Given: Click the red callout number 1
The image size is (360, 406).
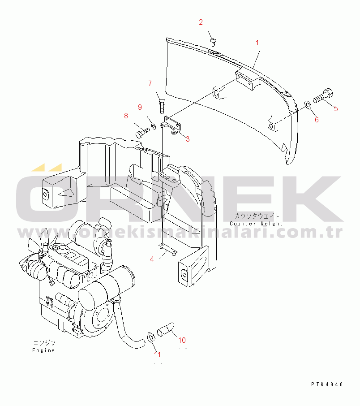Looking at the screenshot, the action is [x=257, y=43].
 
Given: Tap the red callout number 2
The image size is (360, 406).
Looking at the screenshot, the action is [x=201, y=22].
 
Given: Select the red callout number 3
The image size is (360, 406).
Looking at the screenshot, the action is [x=188, y=139].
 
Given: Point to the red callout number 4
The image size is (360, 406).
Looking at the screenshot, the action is [x=152, y=259].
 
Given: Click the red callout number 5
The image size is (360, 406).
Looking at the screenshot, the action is [x=336, y=108].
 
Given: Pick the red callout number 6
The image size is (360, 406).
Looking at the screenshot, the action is [x=317, y=120].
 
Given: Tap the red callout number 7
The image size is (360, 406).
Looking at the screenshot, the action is [x=150, y=84].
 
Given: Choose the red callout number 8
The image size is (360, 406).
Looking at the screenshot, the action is [x=126, y=116].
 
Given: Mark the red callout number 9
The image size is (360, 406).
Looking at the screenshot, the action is [x=140, y=107].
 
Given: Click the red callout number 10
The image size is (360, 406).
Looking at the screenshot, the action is [x=182, y=340].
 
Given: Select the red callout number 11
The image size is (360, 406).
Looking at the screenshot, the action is [x=157, y=354].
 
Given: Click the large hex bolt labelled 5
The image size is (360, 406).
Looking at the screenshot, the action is [x=323, y=95].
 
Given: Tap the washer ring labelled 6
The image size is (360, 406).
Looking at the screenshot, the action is [x=308, y=105].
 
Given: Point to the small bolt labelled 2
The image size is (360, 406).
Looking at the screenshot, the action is [x=213, y=42].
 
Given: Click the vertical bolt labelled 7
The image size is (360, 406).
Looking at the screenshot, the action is [x=162, y=106].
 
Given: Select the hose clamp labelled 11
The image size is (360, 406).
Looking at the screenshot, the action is [x=151, y=337].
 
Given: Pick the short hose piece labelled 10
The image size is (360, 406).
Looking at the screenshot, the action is [x=166, y=330].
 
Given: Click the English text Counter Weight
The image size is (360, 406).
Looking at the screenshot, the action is [x=256, y=224].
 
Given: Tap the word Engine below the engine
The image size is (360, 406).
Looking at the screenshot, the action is [x=43, y=350].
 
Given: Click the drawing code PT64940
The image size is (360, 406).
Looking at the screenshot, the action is [x=327, y=384].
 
